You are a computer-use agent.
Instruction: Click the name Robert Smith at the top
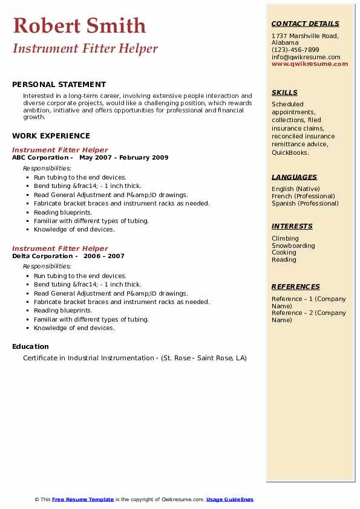point(79,25)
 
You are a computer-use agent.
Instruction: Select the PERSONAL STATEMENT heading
point(59,85)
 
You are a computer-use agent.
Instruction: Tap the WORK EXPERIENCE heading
point(51,136)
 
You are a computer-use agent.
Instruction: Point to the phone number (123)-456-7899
point(295,50)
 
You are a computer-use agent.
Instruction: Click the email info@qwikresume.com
point(306,57)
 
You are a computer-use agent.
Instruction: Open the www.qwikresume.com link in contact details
point(310,63)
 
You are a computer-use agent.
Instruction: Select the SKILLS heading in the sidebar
point(284,93)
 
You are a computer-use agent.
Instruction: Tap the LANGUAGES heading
point(294,177)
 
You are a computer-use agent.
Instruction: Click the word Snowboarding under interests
point(293,245)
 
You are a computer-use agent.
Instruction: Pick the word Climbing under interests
point(285,238)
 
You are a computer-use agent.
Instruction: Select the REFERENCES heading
point(295,287)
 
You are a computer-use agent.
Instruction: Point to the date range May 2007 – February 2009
point(123,158)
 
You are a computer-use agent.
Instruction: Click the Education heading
point(30,346)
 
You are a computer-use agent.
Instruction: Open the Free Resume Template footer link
point(83,499)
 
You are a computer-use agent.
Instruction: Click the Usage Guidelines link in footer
point(230,499)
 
